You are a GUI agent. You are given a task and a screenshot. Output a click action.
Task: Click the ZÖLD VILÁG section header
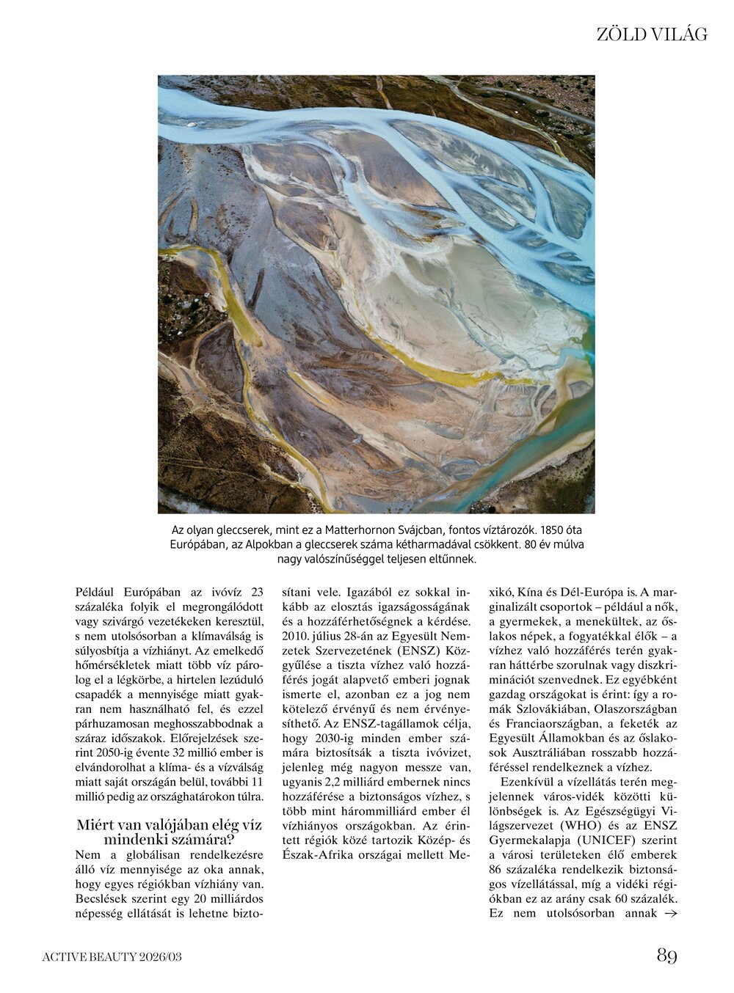click(x=652, y=34)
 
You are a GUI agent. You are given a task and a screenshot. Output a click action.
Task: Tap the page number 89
click(x=666, y=956)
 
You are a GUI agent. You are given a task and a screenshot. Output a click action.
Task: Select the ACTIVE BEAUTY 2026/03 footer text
click(x=112, y=956)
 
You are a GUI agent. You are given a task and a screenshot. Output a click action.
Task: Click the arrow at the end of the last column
click(x=669, y=913)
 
